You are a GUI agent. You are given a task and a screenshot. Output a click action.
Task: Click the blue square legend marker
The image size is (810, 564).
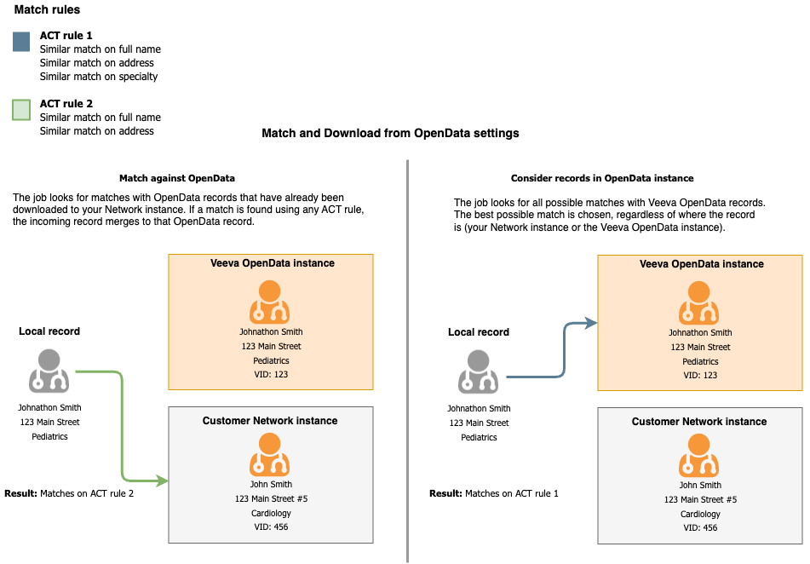pos(21,42)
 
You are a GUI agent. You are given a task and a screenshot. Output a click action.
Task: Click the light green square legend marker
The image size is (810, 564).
pos(21,110)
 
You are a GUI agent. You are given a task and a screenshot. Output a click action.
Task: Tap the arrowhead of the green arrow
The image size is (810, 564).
pos(163,481)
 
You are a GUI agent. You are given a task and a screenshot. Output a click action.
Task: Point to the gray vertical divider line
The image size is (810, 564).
pos(407,358)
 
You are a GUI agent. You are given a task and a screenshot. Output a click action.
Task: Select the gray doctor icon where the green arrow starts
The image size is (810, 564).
pos(49,371)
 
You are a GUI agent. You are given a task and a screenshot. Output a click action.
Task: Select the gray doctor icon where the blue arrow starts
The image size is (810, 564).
pos(479,371)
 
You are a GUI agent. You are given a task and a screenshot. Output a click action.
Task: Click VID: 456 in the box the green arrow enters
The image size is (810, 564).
pos(270,527)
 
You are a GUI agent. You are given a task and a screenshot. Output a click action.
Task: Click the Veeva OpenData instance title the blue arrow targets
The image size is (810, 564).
pos(701,264)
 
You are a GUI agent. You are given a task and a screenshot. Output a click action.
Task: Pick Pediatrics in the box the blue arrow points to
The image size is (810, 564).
pos(700,361)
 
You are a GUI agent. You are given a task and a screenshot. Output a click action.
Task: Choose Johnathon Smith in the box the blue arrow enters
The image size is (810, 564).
pos(700,333)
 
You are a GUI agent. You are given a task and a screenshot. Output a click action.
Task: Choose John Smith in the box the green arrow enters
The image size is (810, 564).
pos(270,485)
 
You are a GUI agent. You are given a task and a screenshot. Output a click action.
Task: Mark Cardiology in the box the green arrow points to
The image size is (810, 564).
pos(271,513)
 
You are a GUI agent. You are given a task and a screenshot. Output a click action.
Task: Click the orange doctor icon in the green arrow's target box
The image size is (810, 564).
pos(270,454)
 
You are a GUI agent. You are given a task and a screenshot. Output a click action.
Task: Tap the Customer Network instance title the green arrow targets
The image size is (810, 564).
pos(270,421)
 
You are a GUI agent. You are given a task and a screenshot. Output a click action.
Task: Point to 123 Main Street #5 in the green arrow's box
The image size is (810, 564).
pos(271,499)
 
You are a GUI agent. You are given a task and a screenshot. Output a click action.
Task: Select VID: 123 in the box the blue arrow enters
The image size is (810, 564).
pos(700,375)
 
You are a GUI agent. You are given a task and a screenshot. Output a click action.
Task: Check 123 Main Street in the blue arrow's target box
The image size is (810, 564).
pos(700,347)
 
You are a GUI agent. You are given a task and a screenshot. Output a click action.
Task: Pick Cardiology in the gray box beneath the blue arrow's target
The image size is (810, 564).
pos(700,514)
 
